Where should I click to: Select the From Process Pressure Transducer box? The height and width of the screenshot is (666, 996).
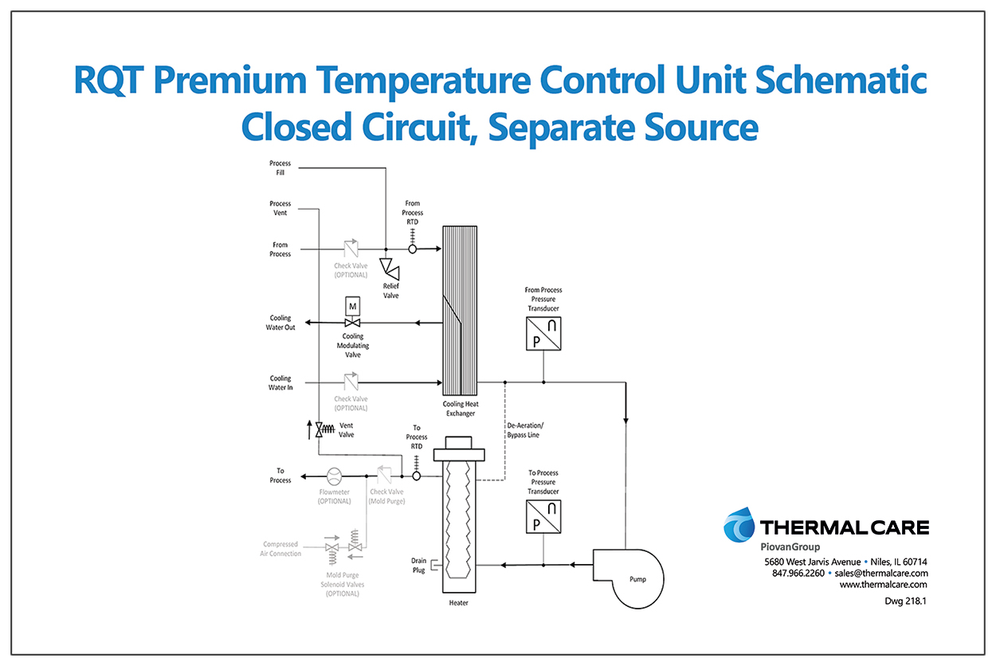pos(543,334)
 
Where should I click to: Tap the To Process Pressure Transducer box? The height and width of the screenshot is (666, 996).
pos(543,516)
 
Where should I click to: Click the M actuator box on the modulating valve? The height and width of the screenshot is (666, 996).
pos(353,307)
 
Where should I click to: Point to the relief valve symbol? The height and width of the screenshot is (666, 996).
pos(390,268)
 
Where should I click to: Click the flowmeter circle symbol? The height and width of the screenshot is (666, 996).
pos(334,476)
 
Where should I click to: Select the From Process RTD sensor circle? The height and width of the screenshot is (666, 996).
pos(413,249)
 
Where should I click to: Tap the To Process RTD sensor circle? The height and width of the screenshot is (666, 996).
pos(417,476)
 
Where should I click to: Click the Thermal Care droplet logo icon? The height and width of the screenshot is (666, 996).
pos(739,526)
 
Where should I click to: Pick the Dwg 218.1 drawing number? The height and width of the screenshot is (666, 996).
pos(905,601)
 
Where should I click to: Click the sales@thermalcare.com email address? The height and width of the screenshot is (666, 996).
pos(881,573)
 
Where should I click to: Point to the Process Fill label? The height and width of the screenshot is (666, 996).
pos(280,168)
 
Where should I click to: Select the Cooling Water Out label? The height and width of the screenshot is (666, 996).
pos(280,323)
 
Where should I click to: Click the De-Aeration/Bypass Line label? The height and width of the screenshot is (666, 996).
pos(525,430)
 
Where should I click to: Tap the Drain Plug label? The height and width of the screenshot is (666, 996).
pos(419,566)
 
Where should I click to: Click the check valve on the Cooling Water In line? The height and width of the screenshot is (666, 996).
pos(351,382)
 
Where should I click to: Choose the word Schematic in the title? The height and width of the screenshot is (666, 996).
pos(841,80)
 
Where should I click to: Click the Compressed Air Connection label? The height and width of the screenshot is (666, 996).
pos(280,549)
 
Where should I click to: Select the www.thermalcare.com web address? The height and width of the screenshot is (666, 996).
pos(884,585)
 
